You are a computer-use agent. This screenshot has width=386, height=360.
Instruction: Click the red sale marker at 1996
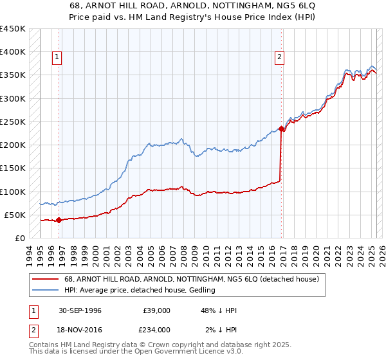59,220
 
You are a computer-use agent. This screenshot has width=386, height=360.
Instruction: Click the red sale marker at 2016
282,129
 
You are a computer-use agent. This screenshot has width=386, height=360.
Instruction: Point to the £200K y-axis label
12,145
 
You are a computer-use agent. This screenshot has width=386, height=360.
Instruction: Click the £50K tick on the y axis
15,215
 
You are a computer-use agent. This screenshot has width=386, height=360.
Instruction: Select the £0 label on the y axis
19,238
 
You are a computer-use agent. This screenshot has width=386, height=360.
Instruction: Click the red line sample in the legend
45,280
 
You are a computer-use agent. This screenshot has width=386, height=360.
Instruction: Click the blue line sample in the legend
45,291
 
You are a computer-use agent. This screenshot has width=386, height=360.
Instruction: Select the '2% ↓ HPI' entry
221,329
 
